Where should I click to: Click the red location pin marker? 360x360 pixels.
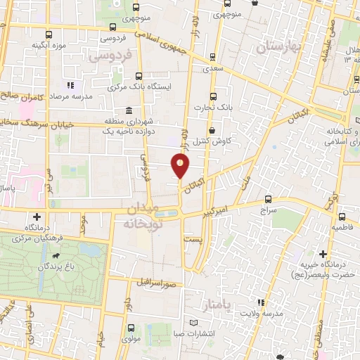click(181, 167)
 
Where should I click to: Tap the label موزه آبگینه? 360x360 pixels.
click(49, 45)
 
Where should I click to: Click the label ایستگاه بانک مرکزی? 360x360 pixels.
click(136, 86)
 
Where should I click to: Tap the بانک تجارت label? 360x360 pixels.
click(212, 107)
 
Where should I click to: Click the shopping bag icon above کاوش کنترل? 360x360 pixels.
click(212, 130)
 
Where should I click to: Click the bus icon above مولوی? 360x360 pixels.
click(132, 328)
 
